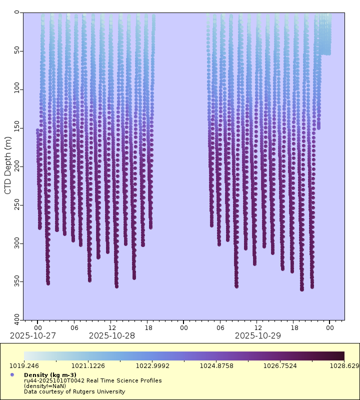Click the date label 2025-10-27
coord(33,335)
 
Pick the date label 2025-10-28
coord(112,335)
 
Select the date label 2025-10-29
coord(258,335)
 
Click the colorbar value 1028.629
coord(343,366)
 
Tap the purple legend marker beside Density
coord(12,375)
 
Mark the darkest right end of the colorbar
coord(343,356)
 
